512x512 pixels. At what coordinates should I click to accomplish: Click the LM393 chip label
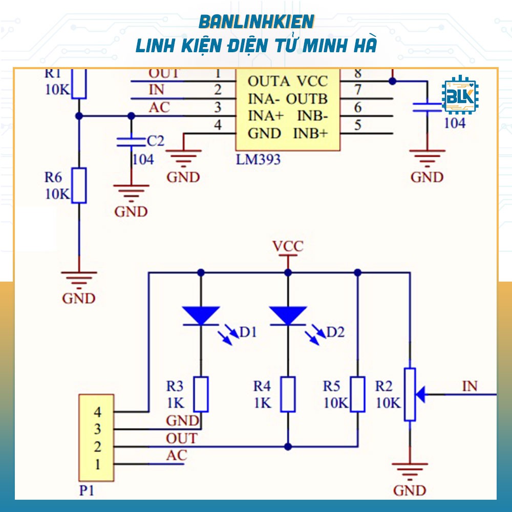click(258, 159)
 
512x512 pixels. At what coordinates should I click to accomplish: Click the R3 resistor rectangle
click(201, 394)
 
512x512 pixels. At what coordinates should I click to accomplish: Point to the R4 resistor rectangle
click(288, 394)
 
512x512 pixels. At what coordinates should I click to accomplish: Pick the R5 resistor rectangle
click(357, 394)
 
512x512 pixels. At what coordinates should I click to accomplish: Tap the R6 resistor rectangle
click(79, 185)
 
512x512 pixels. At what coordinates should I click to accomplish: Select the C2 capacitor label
click(155, 141)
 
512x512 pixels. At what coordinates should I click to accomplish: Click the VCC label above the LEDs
click(288, 247)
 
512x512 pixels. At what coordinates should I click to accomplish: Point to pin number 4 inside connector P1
click(97, 411)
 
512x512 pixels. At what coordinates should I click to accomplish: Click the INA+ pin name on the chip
click(266, 115)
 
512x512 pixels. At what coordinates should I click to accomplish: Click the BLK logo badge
click(459, 96)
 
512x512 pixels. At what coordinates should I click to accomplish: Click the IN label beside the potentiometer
click(470, 386)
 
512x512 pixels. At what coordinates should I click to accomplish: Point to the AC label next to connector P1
click(177, 455)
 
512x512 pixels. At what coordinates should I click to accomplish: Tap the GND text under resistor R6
click(79, 298)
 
